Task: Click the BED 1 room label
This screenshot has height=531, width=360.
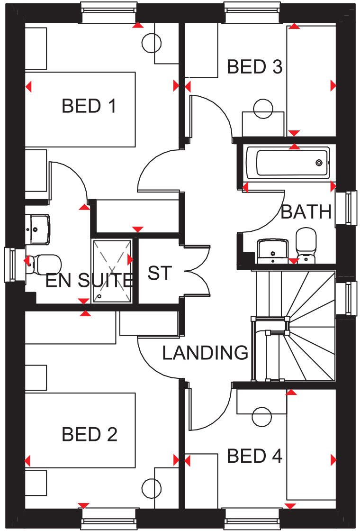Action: (89, 106)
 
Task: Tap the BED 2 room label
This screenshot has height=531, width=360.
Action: (89, 434)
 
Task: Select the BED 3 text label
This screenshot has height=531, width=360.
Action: (254, 67)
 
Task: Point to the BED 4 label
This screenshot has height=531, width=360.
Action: (254, 456)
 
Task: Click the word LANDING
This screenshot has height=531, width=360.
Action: (205, 353)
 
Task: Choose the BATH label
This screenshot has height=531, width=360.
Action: (306, 212)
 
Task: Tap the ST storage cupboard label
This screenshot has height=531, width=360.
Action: (159, 273)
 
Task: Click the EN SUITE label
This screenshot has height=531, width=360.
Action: (89, 281)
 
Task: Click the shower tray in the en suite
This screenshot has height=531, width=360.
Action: (112, 270)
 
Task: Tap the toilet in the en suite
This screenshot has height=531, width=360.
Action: (45, 262)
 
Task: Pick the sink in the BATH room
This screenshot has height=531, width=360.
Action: (273, 250)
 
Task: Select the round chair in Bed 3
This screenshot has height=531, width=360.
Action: (263, 109)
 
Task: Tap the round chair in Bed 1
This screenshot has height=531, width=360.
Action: (152, 44)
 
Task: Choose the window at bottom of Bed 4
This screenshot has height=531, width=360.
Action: (251, 518)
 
